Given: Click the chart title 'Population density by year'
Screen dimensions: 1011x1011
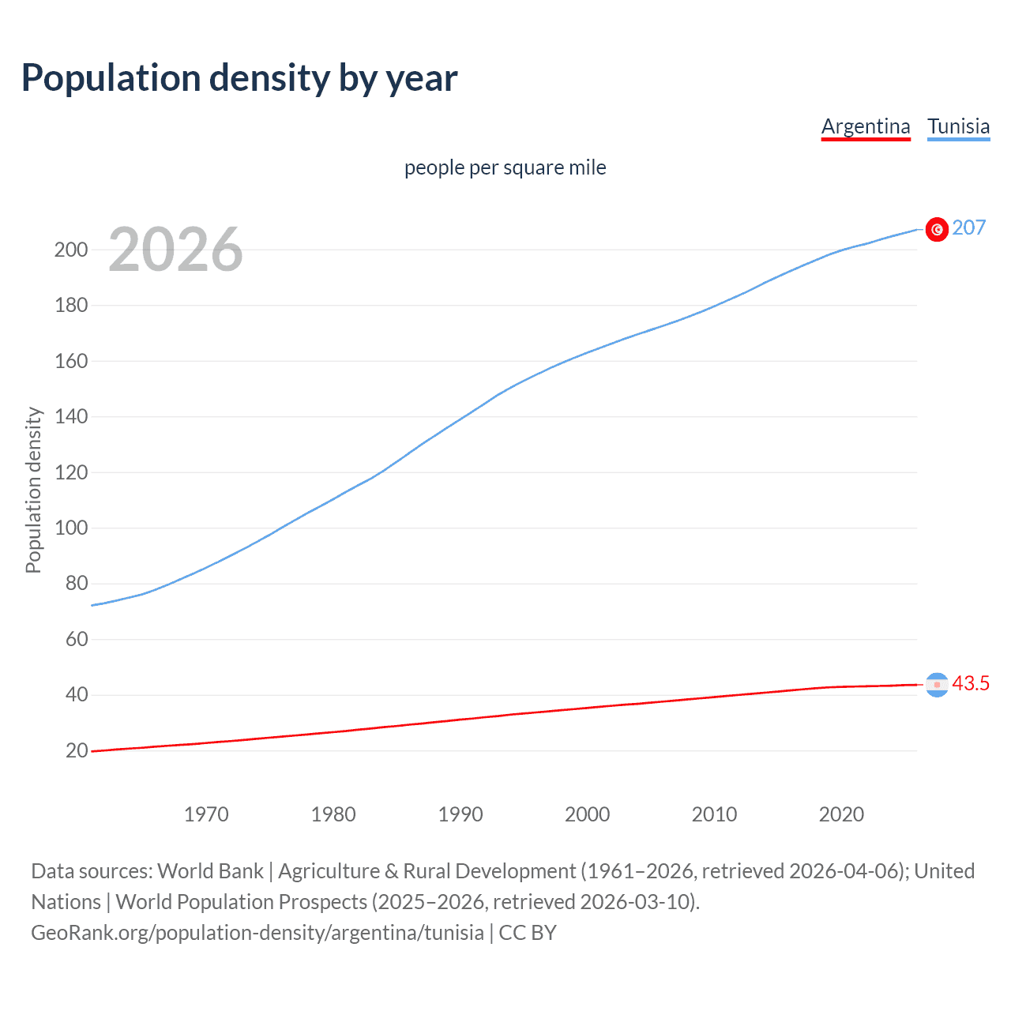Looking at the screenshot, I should tap(239, 78).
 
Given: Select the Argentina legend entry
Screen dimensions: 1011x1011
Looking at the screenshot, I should tap(866, 126).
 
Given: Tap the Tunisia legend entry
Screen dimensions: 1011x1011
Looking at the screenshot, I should tap(958, 126).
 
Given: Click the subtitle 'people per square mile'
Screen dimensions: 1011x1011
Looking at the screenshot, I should tap(505, 168).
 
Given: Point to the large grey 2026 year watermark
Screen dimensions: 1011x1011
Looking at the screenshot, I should tap(175, 250).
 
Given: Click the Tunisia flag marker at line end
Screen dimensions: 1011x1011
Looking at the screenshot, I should tap(937, 229).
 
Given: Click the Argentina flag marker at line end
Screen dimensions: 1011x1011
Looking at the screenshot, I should tap(937, 685).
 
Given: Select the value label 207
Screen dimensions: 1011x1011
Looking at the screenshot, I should tap(969, 228).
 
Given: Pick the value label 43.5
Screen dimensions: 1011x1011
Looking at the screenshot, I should tap(971, 684).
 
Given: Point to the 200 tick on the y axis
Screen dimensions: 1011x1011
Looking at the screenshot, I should tap(71, 250).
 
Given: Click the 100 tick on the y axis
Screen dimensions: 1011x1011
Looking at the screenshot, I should tap(71, 528).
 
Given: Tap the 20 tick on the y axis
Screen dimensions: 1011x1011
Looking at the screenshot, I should tap(77, 751).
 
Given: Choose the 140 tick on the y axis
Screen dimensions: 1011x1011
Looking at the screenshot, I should tap(71, 417).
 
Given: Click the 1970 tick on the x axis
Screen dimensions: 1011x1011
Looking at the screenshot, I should tap(206, 814).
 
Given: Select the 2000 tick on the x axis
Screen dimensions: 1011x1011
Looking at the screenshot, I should tap(587, 814).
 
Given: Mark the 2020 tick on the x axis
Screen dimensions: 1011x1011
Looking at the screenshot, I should tap(841, 814).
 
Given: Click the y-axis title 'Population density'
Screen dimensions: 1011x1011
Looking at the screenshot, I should tap(33, 490).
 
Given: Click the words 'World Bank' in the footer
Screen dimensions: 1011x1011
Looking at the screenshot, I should tap(210, 871).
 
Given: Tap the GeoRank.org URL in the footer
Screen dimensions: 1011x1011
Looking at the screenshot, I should tap(257, 933).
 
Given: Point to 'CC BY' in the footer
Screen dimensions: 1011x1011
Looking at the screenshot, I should tap(528, 933).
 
